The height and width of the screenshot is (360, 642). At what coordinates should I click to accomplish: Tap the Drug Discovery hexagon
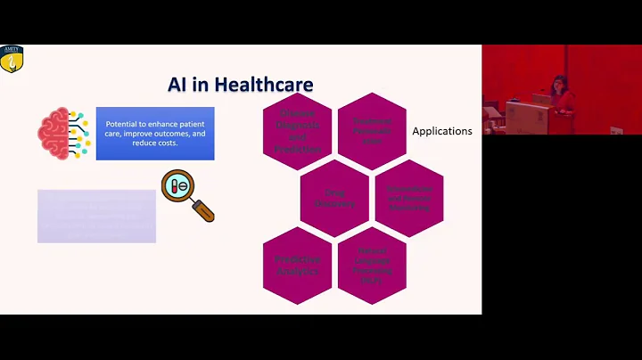coord(334,197)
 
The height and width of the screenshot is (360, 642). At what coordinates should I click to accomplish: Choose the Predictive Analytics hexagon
coord(298,264)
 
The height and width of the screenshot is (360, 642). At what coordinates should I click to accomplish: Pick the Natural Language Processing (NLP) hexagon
coord(372,265)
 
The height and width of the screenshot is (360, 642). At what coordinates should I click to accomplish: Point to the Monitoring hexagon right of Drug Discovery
coord(409,197)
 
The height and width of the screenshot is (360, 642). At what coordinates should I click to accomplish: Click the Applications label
coord(441,131)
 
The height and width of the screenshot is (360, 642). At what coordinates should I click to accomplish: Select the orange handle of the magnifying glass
coord(205,212)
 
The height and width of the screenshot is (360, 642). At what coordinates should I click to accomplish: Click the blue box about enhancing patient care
coord(155,134)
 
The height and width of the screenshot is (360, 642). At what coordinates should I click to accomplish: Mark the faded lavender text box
coord(96,216)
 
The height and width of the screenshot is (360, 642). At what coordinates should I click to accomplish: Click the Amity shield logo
coord(11,59)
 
